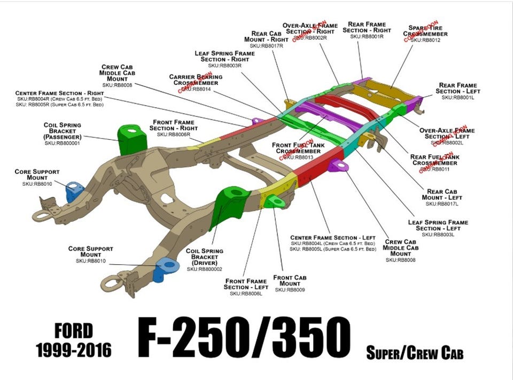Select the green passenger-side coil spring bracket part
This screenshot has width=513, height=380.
point(130,139)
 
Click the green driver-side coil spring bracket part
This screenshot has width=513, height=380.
point(227,208)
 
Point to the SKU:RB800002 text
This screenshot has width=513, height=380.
point(204,269)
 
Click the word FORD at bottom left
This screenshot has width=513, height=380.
point(73,331)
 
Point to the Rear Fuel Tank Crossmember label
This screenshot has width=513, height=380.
point(434,160)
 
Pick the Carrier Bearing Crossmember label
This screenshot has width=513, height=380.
point(196,80)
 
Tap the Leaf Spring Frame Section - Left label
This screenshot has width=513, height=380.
point(438,225)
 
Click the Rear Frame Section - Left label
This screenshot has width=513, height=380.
point(457,88)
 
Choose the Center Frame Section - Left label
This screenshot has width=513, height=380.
point(333,237)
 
